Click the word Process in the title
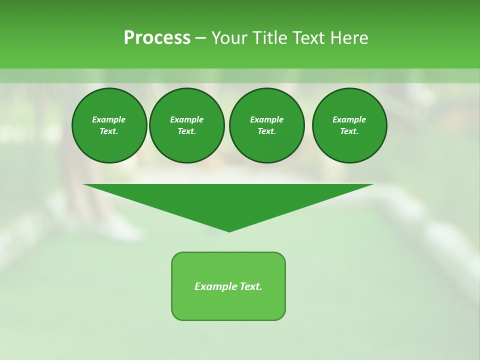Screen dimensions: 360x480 [x=157, y=38]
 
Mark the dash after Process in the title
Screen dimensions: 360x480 [x=200, y=38]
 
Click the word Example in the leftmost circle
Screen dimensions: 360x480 [x=108, y=119]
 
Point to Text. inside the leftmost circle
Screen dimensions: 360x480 [x=108, y=131]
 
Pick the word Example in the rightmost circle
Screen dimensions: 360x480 [x=349, y=119]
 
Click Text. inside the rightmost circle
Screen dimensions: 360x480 [x=349, y=131]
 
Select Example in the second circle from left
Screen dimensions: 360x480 [x=186, y=119]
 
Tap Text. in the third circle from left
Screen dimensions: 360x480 [x=266, y=131]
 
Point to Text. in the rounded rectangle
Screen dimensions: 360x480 [x=250, y=286]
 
